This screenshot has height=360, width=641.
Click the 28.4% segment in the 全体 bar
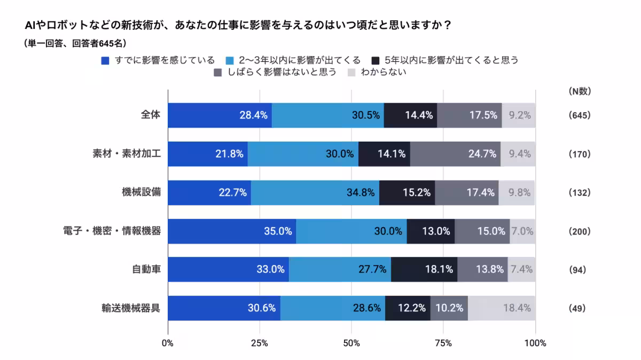click(x=220, y=115)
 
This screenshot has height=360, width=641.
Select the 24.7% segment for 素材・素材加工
click(x=455, y=154)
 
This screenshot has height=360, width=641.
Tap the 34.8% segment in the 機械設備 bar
click(x=315, y=193)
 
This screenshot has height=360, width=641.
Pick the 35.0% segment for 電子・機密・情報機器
click(x=232, y=231)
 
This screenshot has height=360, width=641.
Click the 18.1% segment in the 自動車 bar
click(x=424, y=270)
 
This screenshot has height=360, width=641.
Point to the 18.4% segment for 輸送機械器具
click(x=502, y=308)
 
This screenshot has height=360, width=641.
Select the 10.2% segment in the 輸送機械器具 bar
click(x=449, y=308)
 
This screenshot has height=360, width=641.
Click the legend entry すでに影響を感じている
click(x=158, y=60)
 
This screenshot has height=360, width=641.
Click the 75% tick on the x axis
click(x=443, y=343)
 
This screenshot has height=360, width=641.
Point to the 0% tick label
click(x=168, y=343)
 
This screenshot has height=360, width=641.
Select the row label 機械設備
click(x=142, y=193)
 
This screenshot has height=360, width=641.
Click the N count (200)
click(x=580, y=231)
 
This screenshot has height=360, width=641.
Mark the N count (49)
click(x=577, y=308)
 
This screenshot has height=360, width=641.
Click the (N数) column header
click(x=580, y=91)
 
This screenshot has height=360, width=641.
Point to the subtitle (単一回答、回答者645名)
click(x=75, y=43)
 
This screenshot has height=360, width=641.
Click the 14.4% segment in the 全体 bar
click(x=410, y=115)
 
